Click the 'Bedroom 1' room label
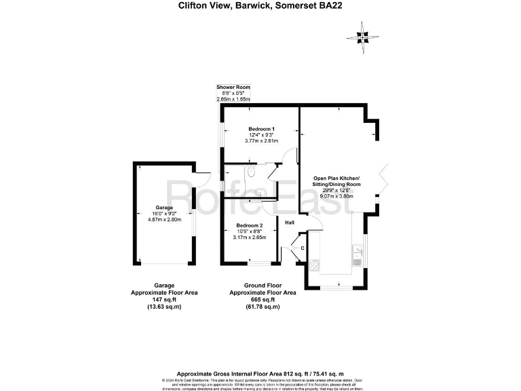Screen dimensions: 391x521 [261, 129]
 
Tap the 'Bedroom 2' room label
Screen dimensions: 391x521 [249, 225]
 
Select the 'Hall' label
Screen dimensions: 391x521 [290, 223]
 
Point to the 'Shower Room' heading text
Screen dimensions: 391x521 [233, 88]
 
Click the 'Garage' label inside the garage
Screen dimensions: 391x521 [163, 207]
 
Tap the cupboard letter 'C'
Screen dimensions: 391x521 [303, 248]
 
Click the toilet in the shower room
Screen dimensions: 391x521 [252, 172]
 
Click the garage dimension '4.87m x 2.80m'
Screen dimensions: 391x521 [163, 219]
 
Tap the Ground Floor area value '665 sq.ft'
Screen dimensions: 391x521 [260, 299]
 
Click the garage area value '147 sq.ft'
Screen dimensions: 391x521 [163, 299]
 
